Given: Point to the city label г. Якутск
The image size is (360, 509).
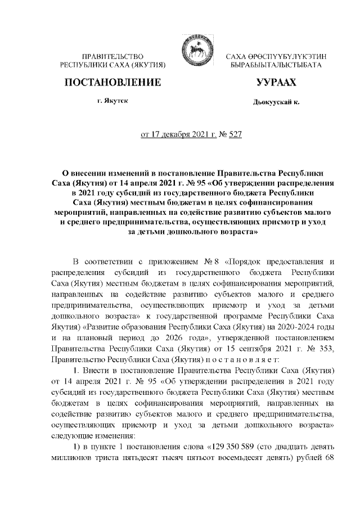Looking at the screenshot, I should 113,103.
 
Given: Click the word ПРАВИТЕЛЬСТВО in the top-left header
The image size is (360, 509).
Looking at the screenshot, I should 114,57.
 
